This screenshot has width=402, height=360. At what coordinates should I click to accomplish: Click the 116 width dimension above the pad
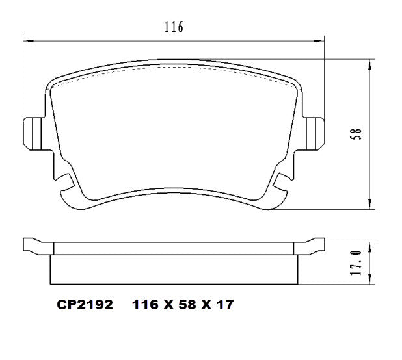(173, 27)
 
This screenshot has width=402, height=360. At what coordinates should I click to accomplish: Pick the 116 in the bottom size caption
(144, 305)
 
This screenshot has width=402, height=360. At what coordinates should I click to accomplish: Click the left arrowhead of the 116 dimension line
(27, 41)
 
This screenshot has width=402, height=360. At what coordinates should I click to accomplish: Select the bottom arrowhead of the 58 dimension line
(370, 206)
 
